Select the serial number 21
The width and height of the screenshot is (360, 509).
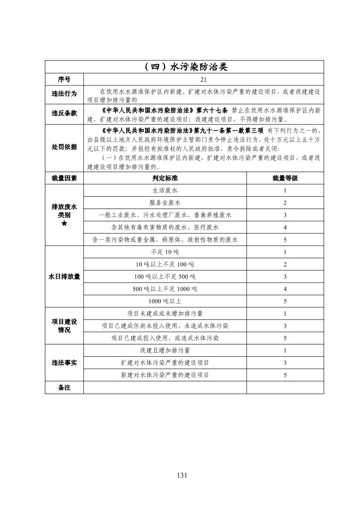(x=204, y=79)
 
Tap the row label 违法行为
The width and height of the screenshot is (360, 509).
(x=64, y=94)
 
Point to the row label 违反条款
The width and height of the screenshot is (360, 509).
(x=64, y=113)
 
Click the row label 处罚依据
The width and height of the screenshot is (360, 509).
(x=64, y=147)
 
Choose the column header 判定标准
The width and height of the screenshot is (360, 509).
(x=165, y=178)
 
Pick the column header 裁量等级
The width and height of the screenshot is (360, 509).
(x=285, y=178)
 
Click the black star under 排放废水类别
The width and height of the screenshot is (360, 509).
(x=64, y=223)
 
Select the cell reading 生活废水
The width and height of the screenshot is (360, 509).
(x=165, y=191)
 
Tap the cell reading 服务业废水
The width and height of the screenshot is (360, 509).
(x=165, y=203)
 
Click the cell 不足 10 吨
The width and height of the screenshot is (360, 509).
(x=165, y=252)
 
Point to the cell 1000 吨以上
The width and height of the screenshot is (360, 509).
(x=165, y=301)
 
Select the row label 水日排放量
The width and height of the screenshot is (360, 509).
(x=64, y=276)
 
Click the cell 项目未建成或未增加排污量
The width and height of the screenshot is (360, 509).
(x=165, y=313)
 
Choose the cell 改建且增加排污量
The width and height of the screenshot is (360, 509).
(x=165, y=351)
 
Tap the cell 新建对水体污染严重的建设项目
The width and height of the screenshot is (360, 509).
(x=165, y=375)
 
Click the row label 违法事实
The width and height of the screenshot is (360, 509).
(x=64, y=363)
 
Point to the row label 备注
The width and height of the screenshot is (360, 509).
(x=64, y=388)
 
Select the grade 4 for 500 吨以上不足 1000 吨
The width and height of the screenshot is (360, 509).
(x=285, y=289)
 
